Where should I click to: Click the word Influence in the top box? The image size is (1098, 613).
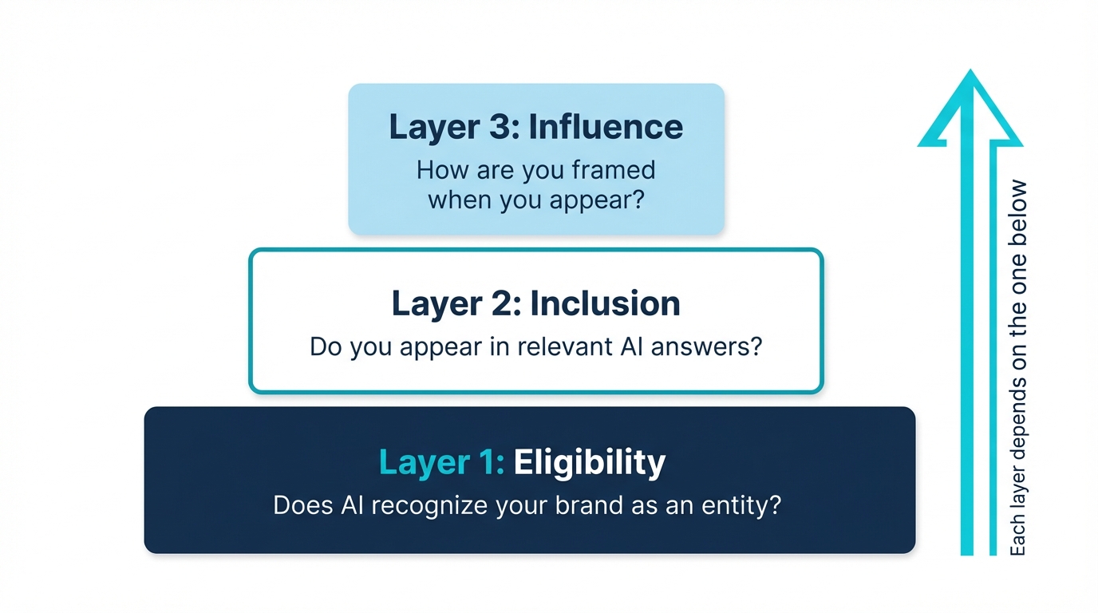click(x=606, y=128)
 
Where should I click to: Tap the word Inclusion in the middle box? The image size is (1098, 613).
click(x=605, y=304)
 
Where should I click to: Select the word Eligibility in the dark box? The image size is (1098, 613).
click(x=589, y=463)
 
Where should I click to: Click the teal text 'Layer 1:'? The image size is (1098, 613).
click(x=441, y=463)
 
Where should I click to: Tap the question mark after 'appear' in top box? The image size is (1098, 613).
click(x=636, y=200)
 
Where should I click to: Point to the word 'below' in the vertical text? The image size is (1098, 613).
click(x=1018, y=208)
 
